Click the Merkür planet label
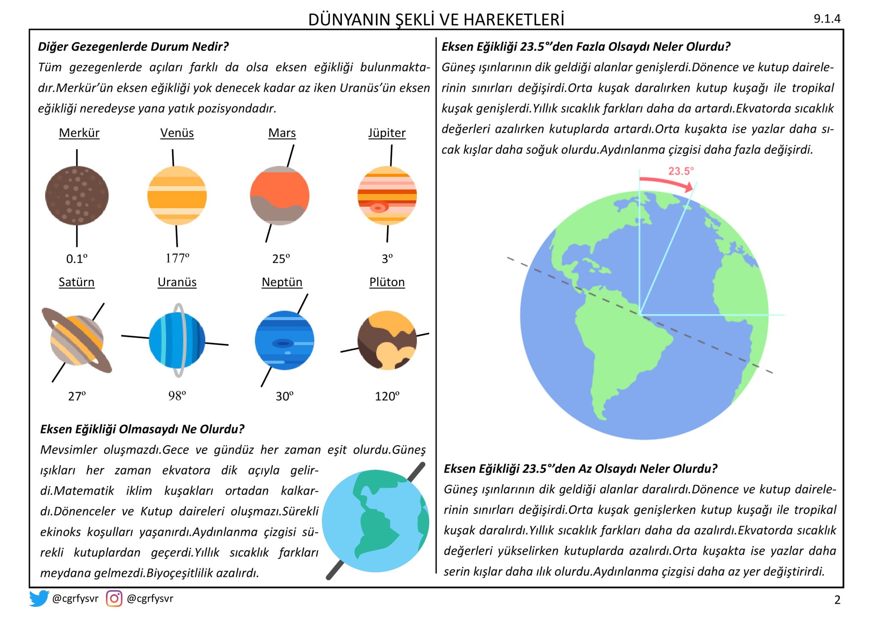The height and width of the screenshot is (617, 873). (79, 133)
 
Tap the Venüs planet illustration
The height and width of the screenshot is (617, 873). (177, 196)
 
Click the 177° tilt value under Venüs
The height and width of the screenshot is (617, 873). (177, 258)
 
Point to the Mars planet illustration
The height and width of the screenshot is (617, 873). (280, 196)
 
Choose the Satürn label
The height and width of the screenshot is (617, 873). (77, 282)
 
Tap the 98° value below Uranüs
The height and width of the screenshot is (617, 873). (177, 396)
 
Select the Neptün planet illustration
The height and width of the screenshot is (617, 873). (284, 340)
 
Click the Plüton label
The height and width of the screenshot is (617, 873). (387, 282)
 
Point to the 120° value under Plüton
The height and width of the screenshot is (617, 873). (387, 396)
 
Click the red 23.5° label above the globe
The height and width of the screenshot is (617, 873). (681, 171)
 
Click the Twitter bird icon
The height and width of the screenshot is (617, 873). (39, 598)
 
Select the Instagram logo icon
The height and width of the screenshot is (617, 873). (114, 598)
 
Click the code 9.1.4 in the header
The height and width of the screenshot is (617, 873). (827, 19)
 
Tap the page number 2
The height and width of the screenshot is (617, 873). (837, 600)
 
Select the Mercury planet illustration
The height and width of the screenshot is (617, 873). (77, 196)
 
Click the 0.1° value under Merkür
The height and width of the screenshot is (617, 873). (77, 259)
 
